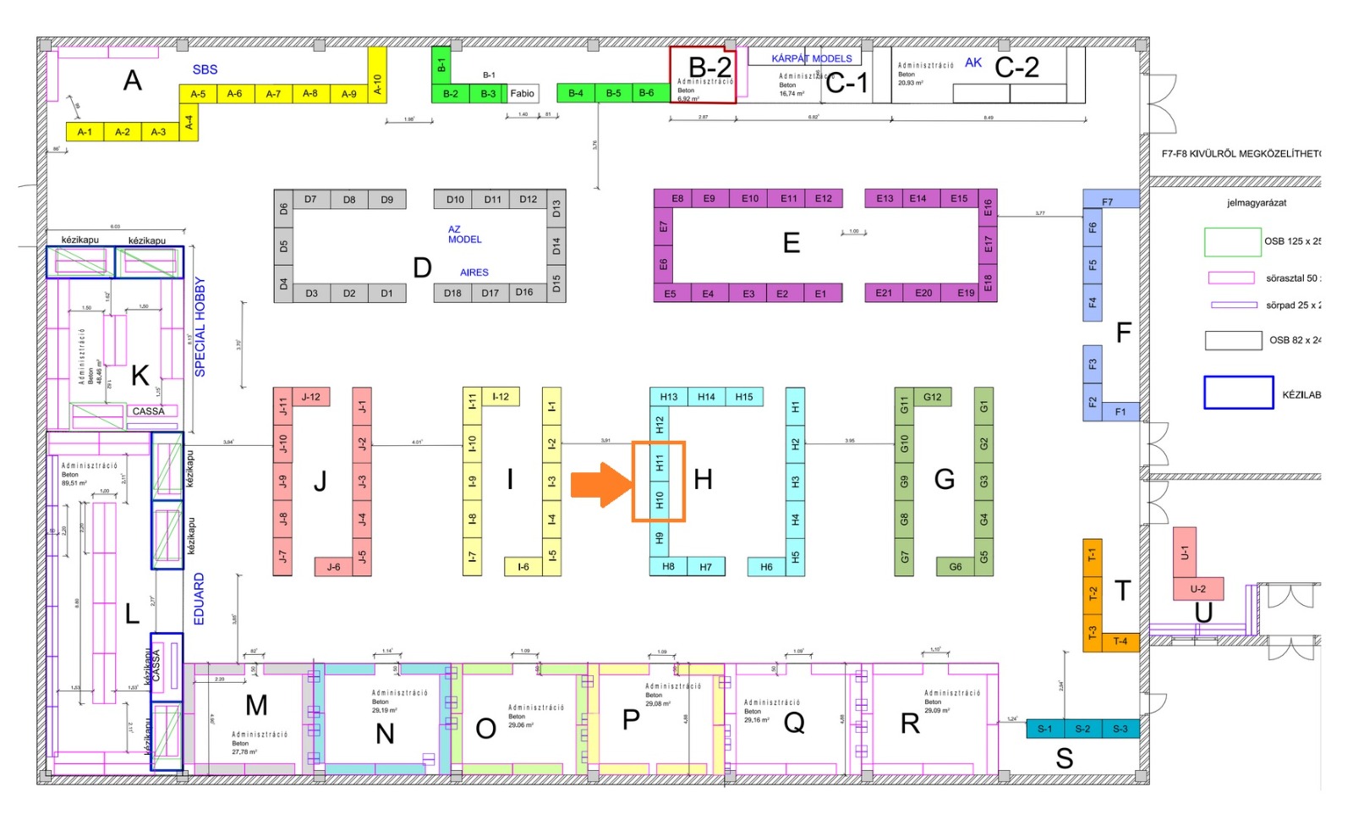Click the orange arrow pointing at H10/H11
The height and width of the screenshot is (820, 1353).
pyautogui.click(x=601, y=484)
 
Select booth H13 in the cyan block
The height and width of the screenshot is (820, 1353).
pyautogui.click(x=669, y=397)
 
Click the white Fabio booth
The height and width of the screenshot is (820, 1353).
pyautogui.click(x=523, y=93)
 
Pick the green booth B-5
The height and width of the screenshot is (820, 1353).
pyautogui.click(x=613, y=93)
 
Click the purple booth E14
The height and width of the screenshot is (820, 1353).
pyautogui.click(x=918, y=199)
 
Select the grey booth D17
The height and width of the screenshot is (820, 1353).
pyautogui.click(x=490, y=293)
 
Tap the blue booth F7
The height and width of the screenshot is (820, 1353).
pyautogui.click(x=1108, y=201)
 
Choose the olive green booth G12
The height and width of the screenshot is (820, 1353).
pyautogui.click(x=932, y=397)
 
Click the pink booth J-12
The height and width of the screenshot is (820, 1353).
pyautogui.click(x=311, y=397)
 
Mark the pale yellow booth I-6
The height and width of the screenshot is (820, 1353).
pyautogui.click(x=523, y=567)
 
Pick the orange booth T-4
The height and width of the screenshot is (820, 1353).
pyautogui.click(x=1120, y=641)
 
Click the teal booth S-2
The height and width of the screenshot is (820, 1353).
pyautogui.click(x=1082, y=729)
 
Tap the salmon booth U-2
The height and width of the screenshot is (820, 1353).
pyautogui.click(x=1197, y=589)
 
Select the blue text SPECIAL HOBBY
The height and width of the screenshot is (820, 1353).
pyautogui.click(x=200, y=327)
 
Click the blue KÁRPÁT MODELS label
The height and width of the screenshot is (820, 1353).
pyautogui.click(x=812, y=58)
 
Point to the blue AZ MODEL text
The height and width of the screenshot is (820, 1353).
pyautogui.click(x=464, y=234)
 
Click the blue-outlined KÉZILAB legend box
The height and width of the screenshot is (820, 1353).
pyautogui.click(x=1238, y=393)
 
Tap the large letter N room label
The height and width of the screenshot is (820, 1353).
pyautogui.click(x=385, y=733)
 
